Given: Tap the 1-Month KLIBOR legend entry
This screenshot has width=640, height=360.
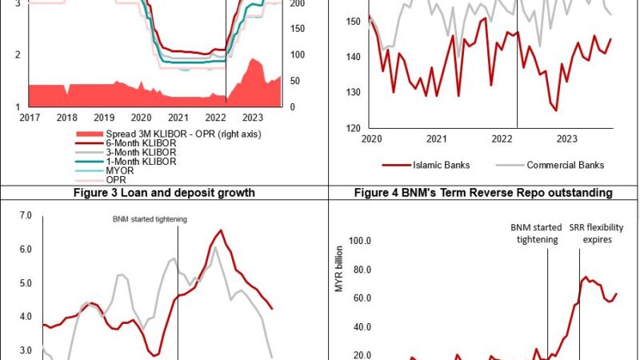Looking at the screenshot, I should click(x=141, y=161).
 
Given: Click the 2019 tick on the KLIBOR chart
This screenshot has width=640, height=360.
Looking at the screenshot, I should click(x=103, y=118).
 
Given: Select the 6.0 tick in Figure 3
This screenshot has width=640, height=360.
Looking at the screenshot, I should click(x=24, y=250).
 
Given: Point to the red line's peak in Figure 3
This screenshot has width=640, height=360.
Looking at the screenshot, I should click(x=220, y=230).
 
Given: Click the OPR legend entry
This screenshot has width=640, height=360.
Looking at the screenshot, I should click(x=117, y=179).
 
